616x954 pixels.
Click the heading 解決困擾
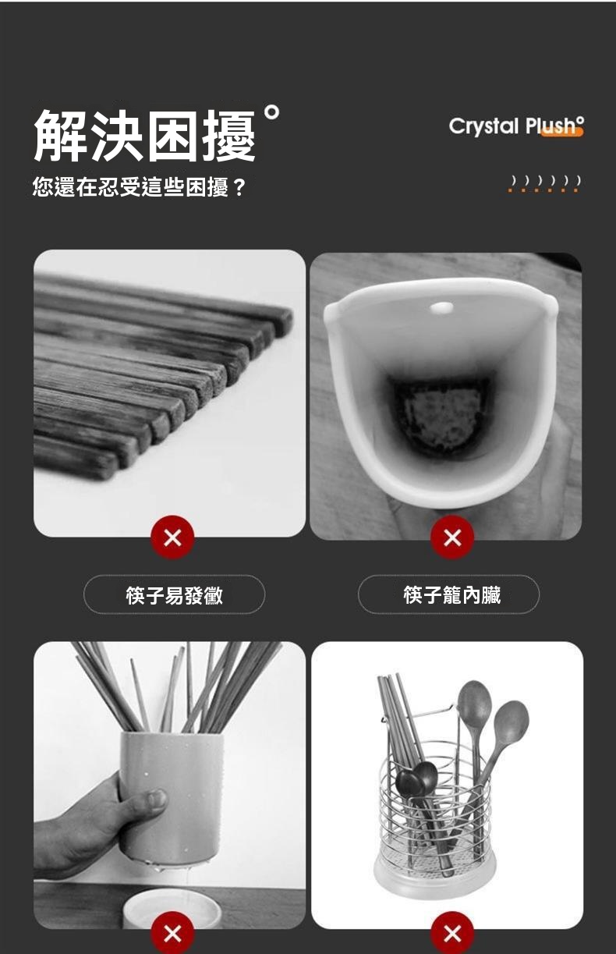pos(145,136)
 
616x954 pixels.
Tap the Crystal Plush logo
pos(516,127)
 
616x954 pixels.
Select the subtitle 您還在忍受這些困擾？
pos(140,187)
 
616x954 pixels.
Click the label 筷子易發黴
pos(174,595)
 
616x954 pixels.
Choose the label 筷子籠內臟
pos(452,595)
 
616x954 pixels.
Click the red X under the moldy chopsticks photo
pos(172,537)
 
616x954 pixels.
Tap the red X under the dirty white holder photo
pos(452,537)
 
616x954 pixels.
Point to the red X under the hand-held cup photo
pos(172,934)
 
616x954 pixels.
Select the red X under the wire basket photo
pos(452,934)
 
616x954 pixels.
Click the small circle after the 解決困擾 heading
pos(271,112)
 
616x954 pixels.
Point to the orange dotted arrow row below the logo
pos(544,184)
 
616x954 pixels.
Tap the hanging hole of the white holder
pos(442,307)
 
